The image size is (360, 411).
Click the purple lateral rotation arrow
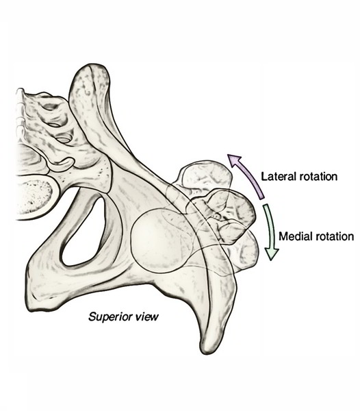point(248,174)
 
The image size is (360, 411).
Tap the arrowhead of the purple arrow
point(234,160)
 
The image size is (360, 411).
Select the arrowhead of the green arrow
point(271,253)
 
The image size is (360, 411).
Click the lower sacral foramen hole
point(63,139)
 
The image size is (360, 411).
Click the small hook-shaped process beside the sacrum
point(62,162)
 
